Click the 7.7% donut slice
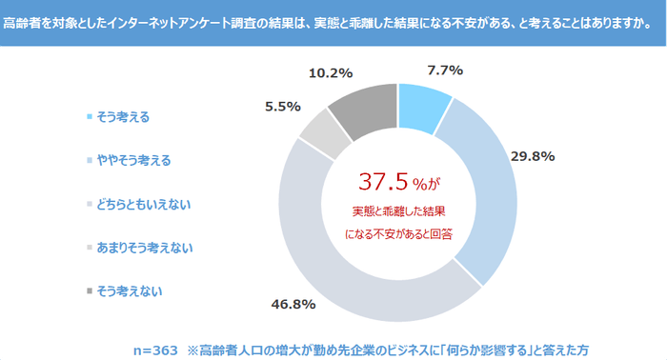422,104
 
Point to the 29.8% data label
536,155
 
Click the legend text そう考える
122,117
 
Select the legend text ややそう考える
132,160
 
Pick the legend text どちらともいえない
143,204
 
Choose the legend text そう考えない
128,290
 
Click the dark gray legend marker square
90,290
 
